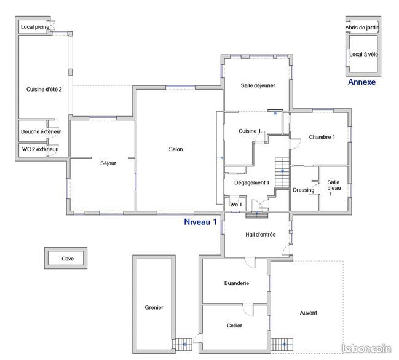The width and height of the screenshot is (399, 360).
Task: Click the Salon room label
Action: [176, 149]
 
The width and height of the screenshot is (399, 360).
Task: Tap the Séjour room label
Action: [108, 163]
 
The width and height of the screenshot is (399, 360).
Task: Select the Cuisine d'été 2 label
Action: [44, 89]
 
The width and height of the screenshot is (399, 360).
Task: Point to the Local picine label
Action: [35, 27]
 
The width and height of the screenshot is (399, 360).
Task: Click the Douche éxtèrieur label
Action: [41, 131]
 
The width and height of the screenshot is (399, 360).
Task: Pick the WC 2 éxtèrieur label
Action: [40, 149]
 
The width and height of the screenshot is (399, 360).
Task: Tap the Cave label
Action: [68, 259]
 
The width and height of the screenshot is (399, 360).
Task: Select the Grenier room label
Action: [154, 307]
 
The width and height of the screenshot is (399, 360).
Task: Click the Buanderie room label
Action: [237, 283]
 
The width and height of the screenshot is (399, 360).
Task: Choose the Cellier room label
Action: [234, 326]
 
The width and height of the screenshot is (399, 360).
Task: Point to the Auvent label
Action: [309, 313]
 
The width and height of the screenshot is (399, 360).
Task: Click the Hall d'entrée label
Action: [260, 235]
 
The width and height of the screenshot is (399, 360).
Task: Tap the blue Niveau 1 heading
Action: [200, 222]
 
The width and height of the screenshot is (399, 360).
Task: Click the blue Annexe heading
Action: [361, 82]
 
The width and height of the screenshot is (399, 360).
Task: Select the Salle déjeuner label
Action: [258, 85]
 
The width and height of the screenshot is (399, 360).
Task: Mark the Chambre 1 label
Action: [322, 137]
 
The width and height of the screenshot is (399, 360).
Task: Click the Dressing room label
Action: [304, 190]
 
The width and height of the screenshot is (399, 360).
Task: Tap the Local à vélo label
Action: [363, 55]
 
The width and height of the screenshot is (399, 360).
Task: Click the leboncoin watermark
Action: [366, 348]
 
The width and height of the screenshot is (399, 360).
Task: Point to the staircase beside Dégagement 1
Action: [282, 173]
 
